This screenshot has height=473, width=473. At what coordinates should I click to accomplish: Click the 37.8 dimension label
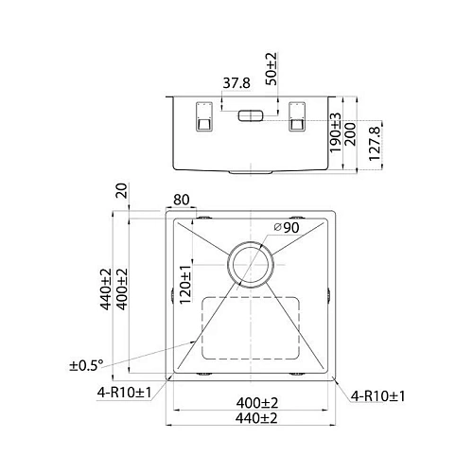(236, 83)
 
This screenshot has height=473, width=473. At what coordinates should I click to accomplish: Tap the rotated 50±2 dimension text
(272, 69)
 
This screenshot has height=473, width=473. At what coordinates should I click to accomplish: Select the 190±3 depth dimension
(335, 133)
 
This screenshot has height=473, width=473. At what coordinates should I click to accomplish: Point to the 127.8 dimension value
(375, 144)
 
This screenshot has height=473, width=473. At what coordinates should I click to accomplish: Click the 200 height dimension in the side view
(350, 134)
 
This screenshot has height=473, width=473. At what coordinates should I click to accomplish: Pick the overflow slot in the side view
(251, 115)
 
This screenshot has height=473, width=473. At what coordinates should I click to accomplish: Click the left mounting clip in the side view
(204, 116)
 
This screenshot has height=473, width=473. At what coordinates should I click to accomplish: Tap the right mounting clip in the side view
(297, 116)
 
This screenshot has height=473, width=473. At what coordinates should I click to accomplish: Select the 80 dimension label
(182, 200)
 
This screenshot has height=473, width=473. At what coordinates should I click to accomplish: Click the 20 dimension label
(122, 190)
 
